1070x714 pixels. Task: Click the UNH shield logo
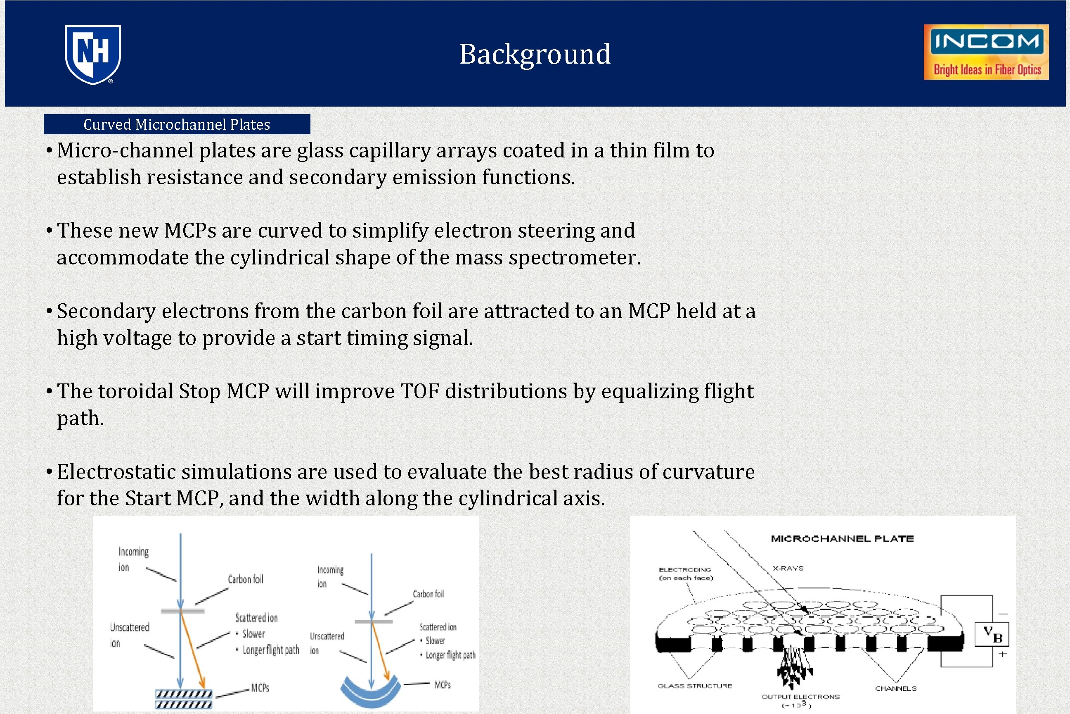click(93, 54)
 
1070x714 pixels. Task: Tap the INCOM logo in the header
click(986, 52)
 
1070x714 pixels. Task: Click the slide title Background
click(535, 54)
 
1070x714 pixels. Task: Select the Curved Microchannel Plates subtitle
click(177, 124)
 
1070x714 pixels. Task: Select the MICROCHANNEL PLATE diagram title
click(842, 539)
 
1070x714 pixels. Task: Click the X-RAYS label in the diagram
click(788, 568)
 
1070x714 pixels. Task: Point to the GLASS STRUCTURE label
click(695, 686)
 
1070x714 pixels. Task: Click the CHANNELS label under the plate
click(895, 688)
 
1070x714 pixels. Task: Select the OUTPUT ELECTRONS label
click(800, 697)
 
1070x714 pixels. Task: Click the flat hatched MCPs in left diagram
click(184, 699)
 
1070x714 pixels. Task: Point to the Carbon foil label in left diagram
click(245, 579)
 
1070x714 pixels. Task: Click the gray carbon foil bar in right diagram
click(374, 621)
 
